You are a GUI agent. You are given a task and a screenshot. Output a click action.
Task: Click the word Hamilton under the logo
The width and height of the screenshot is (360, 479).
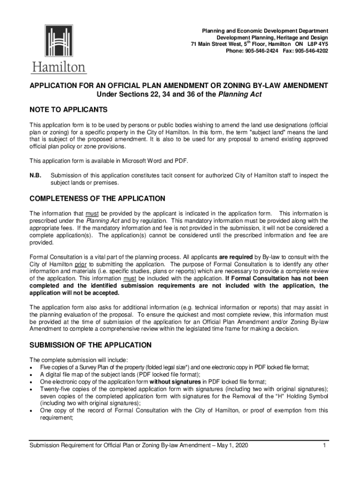[x=59, y=67]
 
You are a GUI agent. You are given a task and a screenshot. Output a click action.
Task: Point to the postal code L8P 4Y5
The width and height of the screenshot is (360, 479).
[x=317, y=44]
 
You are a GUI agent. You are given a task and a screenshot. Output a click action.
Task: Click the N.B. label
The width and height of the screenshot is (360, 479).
[x=36, y=175]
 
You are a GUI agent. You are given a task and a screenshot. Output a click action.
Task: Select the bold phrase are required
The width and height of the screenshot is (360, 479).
[x=236, y=257]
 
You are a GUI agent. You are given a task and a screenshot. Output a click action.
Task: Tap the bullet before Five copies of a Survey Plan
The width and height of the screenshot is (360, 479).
[x=31, y=367]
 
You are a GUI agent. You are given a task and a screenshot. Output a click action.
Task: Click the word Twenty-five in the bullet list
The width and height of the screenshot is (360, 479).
[x=55, y=389]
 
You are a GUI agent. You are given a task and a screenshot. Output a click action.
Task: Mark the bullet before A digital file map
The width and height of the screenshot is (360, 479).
[x=31, y=374]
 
